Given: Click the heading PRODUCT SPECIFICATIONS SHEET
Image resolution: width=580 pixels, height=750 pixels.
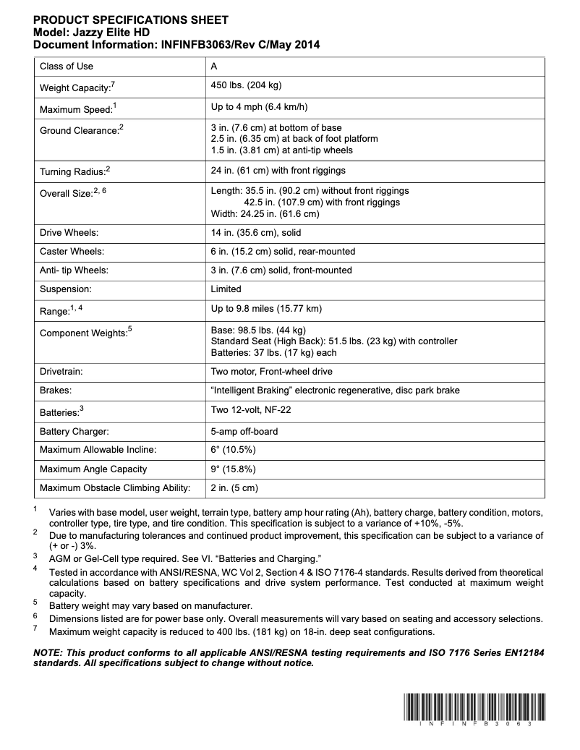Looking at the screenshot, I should (131, 20).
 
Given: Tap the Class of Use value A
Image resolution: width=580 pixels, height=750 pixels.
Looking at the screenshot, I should (214, 66).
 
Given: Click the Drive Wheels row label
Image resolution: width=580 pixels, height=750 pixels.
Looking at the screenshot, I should (69, 233).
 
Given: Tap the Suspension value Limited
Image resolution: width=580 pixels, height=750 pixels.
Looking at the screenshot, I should (226, 289).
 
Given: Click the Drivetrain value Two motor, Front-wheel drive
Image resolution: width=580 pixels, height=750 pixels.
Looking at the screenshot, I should (271, 371).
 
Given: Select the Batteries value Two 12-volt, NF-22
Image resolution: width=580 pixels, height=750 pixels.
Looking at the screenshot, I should (250, 409).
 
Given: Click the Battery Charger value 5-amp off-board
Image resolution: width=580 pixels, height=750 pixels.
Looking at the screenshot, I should (244, 431).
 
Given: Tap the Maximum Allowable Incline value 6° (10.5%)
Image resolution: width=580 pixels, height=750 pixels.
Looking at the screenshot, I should (232, 450).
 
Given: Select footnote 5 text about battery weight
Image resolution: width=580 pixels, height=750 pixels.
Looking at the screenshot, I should (150, 605).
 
